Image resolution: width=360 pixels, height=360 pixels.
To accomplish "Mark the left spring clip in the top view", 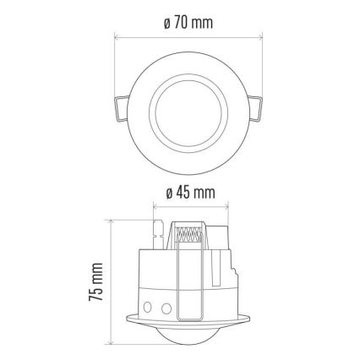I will (x=117, y=110).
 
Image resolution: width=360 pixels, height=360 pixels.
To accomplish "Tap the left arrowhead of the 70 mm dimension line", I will (x=115, y=36).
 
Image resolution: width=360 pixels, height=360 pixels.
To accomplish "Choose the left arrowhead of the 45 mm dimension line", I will (x=154, y=207).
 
